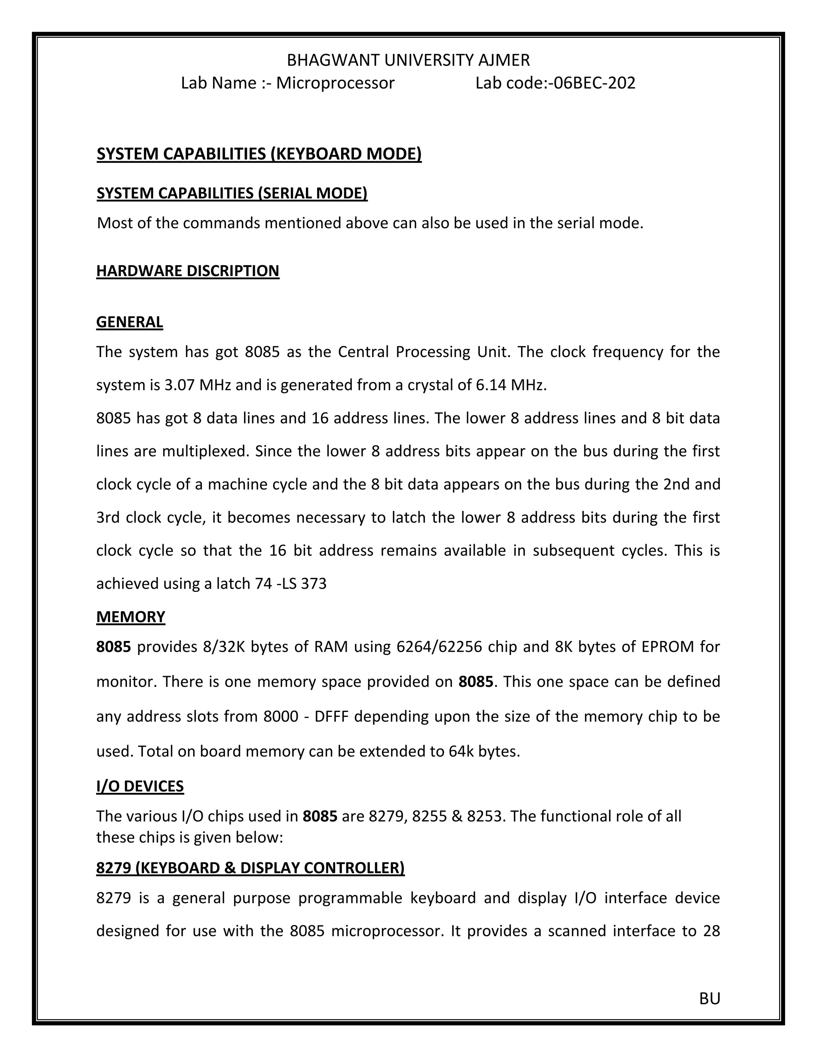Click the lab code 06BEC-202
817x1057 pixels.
pyautogui.click(x=594, y=83)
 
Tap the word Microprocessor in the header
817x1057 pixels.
pyautogui.click(x=335, y=83)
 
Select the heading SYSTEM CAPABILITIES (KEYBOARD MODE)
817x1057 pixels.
pyautogui.click(x=259, y=154)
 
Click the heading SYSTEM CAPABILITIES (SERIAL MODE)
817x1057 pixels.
pyautogui.click(x=232, y=193)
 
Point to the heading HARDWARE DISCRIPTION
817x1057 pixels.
pyautogui.click(x=188, y=270)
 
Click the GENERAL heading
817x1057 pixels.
pyautogui.click(x=129, y=322)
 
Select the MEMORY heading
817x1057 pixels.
pyautogui.click(x=131, y=617)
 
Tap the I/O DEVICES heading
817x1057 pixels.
pyautogui.click(x=140, y=786)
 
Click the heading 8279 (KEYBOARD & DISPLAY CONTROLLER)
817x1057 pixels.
pyautogui.click(x=250, y=868)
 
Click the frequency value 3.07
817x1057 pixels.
pyautogui.click(x=180, y=385)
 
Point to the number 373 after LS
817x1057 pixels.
pyautogui.click(x=314, y=584)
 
